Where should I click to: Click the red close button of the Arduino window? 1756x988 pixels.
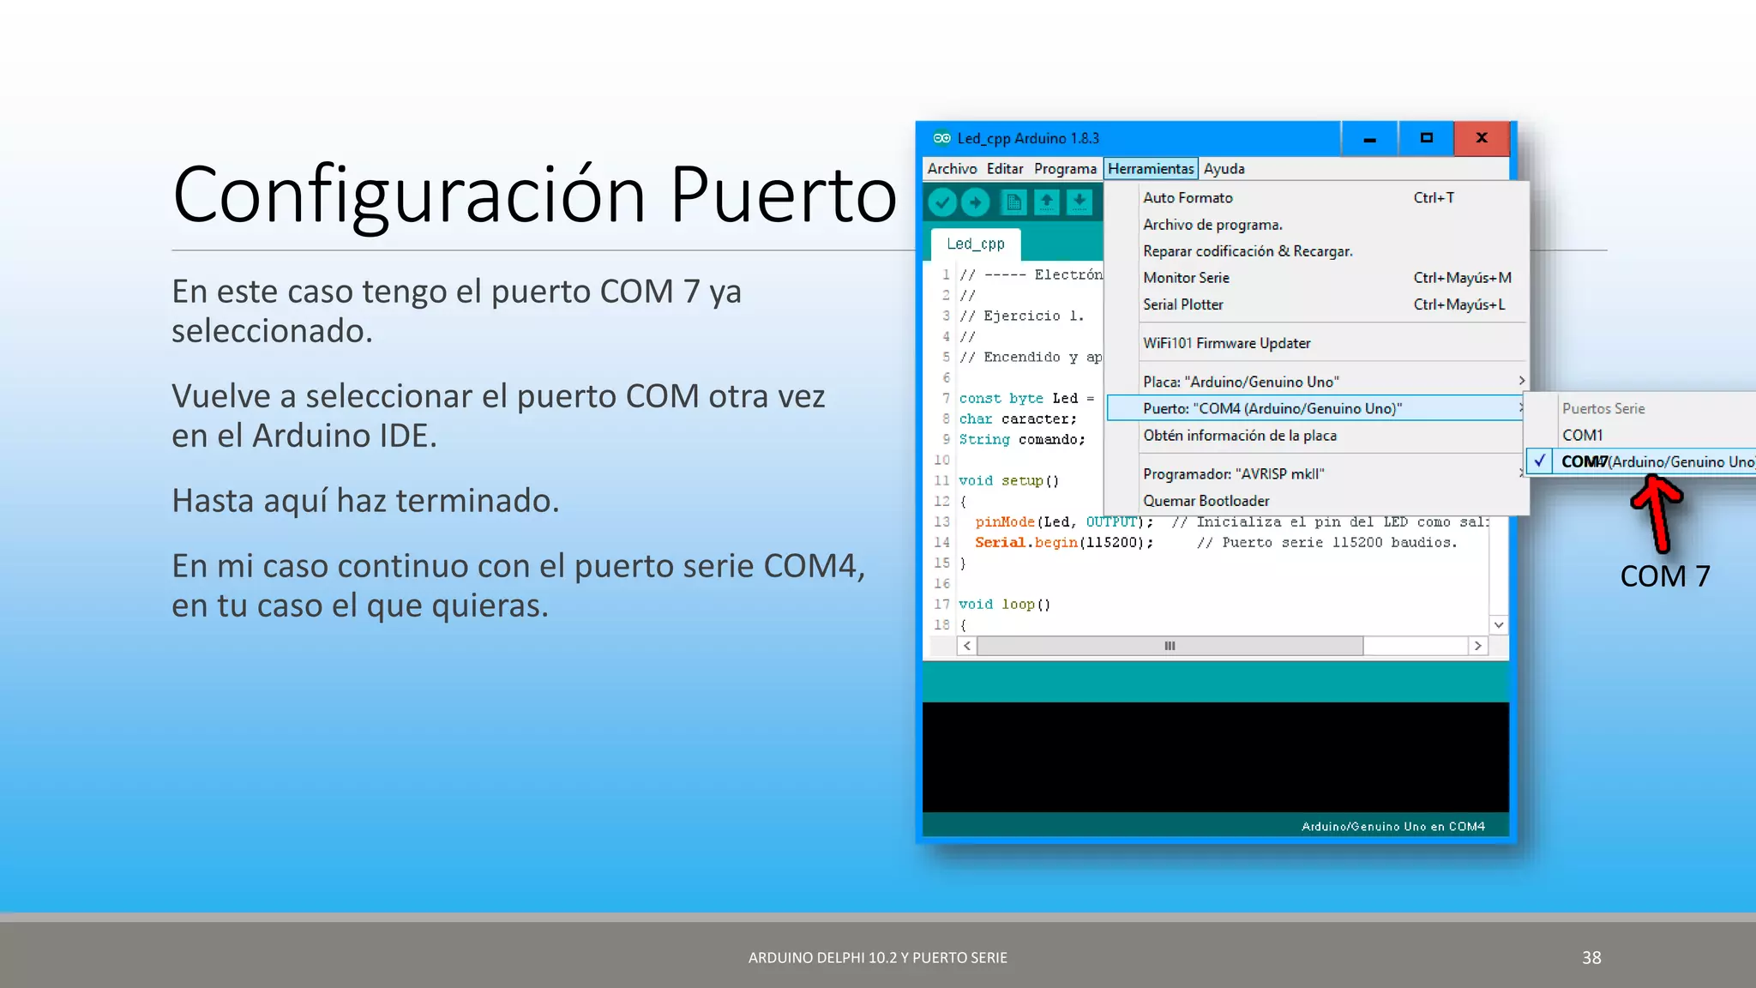click(x=1481, y=138)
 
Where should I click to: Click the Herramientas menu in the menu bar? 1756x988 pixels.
click(x=1150, y=169)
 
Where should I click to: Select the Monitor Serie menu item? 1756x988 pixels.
click(x=1186, y=278)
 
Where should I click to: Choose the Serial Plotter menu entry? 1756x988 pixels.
click(x=1182, y=304)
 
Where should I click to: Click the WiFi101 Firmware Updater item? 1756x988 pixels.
click(x=1226, y=343)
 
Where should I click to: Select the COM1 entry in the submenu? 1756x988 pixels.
click(x=1582, y=435)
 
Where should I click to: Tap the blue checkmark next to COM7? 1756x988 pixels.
click(x=1540, y=461)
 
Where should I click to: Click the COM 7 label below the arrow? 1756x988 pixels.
click(x=1664, y=575)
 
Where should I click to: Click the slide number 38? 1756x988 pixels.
click(x=1591, y=957)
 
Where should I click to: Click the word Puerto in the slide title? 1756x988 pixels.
click(x=782, y=195)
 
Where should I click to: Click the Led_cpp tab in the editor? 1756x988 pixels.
click(x=975, y=244)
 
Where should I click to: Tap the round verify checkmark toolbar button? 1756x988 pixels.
click(x=942, y=202)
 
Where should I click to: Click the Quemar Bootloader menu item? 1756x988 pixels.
click(x=1206, y=501)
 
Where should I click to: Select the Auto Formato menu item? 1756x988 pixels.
click(x=1188, y=198)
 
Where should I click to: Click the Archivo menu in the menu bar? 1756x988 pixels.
click(x=952, y=169)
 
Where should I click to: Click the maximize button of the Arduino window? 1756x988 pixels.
click(x=1426, y=138)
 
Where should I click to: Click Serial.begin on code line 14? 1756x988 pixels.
click(x=1025, y=543)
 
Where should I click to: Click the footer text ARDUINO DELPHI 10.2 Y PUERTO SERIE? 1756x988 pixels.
click(x=877, y=957)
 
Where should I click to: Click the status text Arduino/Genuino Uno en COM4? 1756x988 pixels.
click(x=1392, y=827)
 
